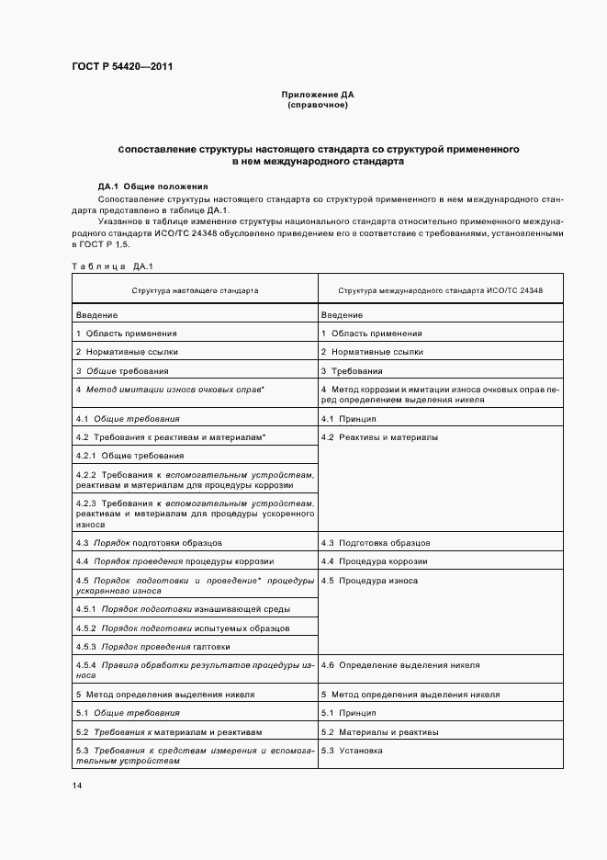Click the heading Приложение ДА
click(318, 95)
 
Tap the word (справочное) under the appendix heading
click(318, 105)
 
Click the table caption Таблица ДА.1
click(99, 266)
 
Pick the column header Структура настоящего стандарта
click(196, 290)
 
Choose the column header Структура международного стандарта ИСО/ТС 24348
click(440, 290)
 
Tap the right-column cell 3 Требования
click(353, 371)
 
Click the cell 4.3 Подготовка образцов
click(376, 543)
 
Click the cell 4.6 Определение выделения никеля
click(400, 664)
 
